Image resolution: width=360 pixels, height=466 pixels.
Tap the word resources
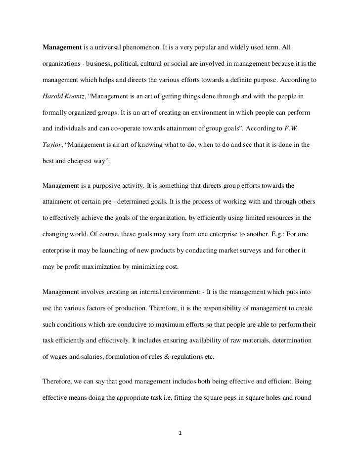click(x=273, y=215)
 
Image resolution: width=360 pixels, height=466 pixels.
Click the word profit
click(x=75, y=267)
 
